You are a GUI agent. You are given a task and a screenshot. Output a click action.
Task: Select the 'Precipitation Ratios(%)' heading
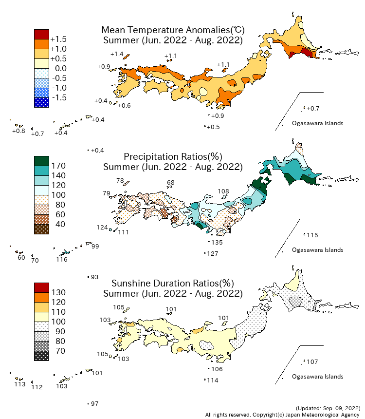pyautogui.click(x=173, y=156)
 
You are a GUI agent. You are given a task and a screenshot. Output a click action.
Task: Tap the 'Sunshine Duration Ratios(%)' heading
pyautogui.click(x=173, y=283)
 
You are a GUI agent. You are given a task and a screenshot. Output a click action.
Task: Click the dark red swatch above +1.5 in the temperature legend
pyautogui.click(x=41, y=34)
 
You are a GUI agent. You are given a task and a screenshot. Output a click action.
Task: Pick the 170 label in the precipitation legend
pyautogui.click(x=58, y=166)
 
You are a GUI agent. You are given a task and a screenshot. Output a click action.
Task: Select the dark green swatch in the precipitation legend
pyautogui.click(x=41, y=161)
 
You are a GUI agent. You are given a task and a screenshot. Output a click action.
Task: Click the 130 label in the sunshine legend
pyautogui.click(x=58, y=292)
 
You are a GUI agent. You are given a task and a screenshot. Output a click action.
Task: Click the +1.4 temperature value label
pyautogui.click(x=117, y=54)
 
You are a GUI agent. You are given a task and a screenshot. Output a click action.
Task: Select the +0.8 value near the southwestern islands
pyautogui.click(x=18, y=131)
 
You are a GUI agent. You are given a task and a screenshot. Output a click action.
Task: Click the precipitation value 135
pyautogui.click(x=217, y=243)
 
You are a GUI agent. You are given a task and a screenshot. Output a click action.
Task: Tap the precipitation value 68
pyautogui.click(x=170, y=183)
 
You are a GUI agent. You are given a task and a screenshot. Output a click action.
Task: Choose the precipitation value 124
pyautogui.click(x=102, y=228)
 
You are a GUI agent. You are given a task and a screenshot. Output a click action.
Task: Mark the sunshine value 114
pyautogui.click(x=213, y=380)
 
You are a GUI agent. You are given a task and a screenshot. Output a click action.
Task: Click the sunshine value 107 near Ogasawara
pyautogui.click(x=312, y=362)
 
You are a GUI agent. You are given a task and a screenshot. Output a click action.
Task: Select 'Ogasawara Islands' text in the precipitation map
pyautogui.click(x=317, y=250)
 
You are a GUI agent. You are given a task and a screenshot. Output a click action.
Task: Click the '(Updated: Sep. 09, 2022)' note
pyautogui.click(x=328, y=408)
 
